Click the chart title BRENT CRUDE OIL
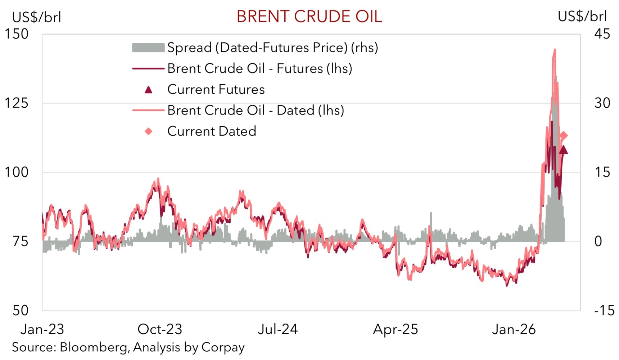309,17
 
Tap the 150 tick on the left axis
17,34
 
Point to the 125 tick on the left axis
17,103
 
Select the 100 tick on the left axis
17,172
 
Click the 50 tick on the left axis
20,310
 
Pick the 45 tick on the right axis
602,34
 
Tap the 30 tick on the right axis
602,103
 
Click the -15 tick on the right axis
604,310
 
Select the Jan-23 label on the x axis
42,329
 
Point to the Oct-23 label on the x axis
160,329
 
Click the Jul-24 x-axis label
278,329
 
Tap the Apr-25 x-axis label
396,329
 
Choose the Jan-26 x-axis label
514,329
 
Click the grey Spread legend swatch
148,48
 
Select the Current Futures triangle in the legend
148,90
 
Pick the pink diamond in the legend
148,131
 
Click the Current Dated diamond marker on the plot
564,136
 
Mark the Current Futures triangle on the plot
563,150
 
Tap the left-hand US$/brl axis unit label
36,17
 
